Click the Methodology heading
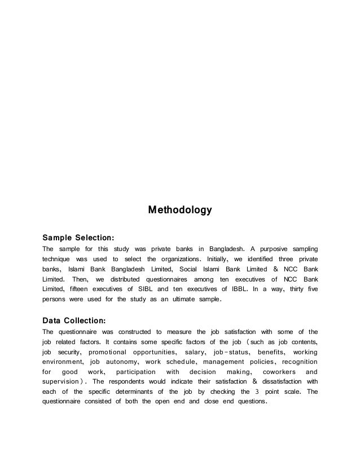tap(179, 210)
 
